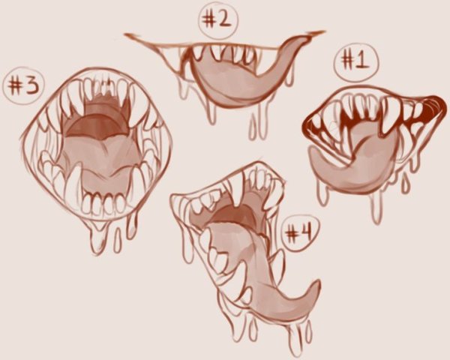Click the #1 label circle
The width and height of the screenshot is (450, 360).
point(355,62)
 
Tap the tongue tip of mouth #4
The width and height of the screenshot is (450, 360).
point(316,287)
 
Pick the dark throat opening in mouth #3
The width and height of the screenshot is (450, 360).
point(94,121)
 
